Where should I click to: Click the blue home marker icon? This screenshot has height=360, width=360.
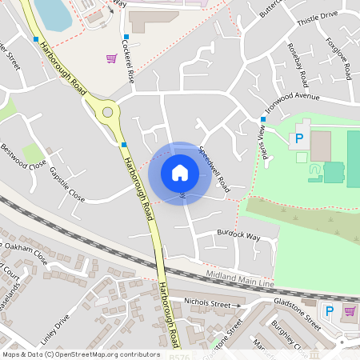pyautogui.click(x=180, y=173)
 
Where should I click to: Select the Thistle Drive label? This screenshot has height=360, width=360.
pyautogui.click(x=318, y=14)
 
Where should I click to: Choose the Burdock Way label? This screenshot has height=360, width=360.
pyautogui.click(x=238, y=237)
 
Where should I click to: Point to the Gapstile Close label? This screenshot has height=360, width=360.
pyautogui.click(x=66, y=183)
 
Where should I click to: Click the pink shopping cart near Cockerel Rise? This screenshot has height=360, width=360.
pyautogui.click(x=112, y=58)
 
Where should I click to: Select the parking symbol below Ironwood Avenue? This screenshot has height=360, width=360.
pyautogui.click(x=299, y=139)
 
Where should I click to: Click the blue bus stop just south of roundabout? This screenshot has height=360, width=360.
pyautogui.click(x=123, y=145)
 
